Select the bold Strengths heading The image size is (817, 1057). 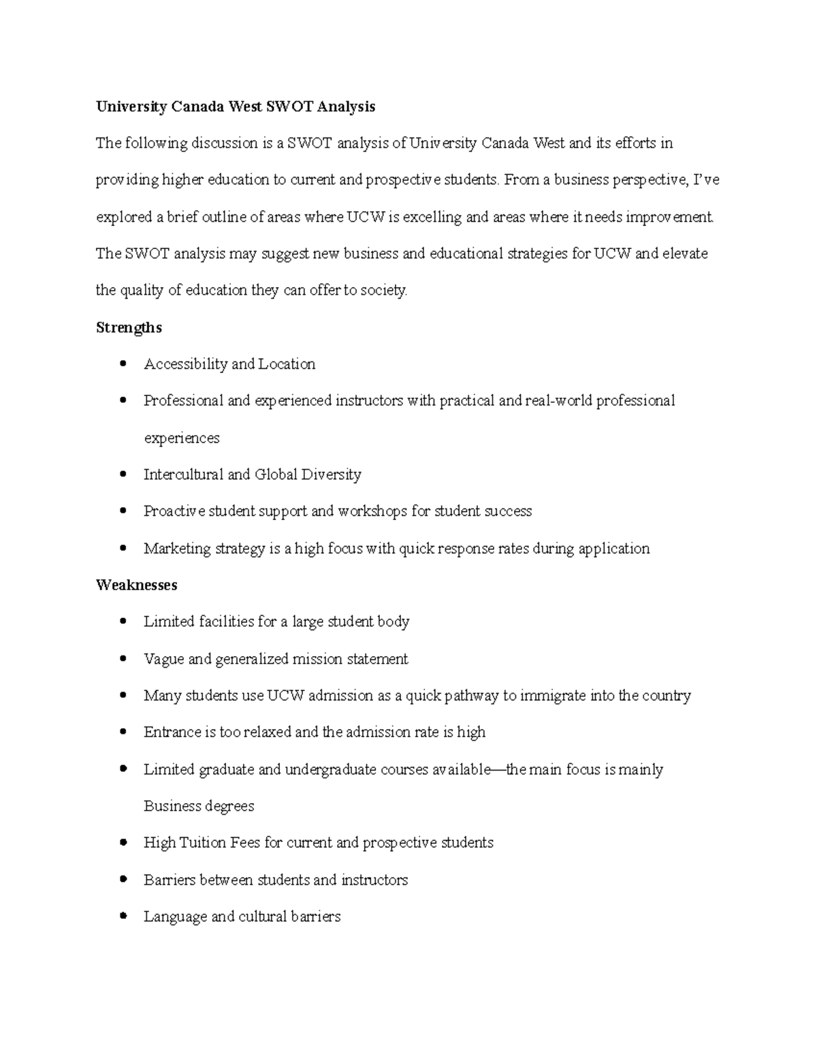[x=129, y=327]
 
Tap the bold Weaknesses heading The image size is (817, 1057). [x=136, y=585]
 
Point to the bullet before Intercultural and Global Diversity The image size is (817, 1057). [x=123, y=474]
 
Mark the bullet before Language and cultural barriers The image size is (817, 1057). [x=123, y=916]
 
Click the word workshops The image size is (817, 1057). [x=372, y=511]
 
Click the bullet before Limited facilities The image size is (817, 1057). [x=123, y=621]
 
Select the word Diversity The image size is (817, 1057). [x=332, y=474]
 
